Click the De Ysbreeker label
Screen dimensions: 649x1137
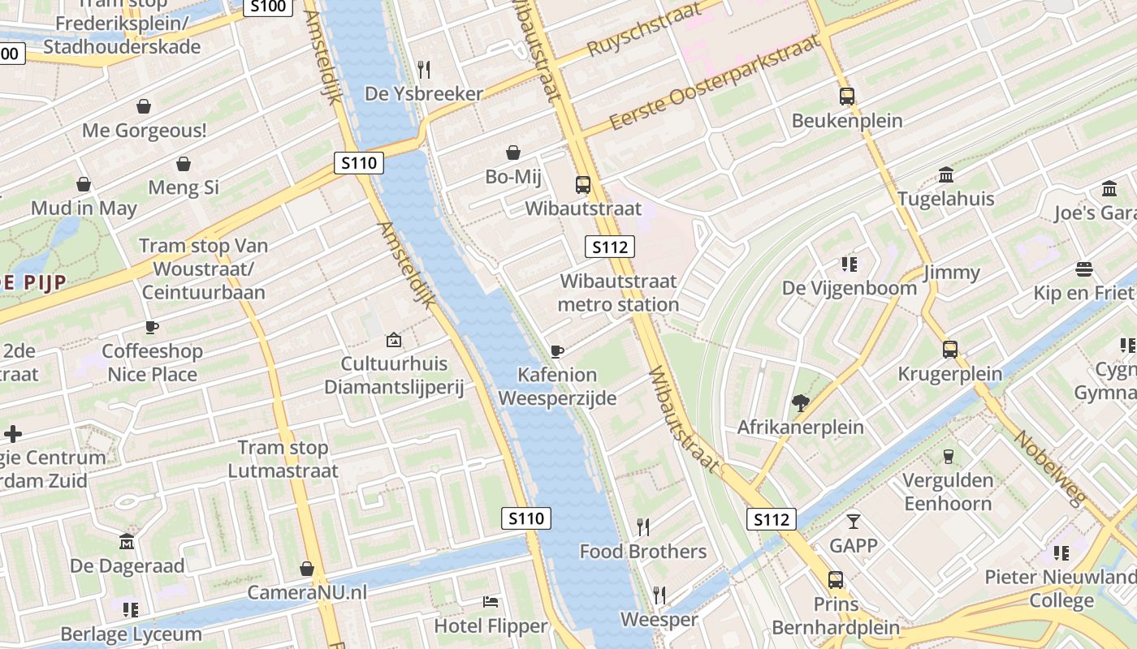point(424,93)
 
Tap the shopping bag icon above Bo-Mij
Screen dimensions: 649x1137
point(513,153)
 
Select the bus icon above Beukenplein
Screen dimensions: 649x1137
point(847,97)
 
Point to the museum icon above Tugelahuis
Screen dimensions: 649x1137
point(946,174)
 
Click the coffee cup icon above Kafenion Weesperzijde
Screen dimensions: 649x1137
point(557,351)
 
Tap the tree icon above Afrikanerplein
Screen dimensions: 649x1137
point(801,402)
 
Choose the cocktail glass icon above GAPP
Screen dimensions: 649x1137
point(853,521)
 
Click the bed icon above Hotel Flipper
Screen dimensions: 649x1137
point(491,602)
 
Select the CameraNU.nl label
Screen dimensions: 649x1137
point(307,592)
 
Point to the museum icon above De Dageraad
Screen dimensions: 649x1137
point(127,541)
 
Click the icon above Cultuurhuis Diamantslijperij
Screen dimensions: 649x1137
point(394,340)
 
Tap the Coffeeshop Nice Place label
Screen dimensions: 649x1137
point(153,363)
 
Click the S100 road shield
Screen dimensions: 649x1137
point(268,7)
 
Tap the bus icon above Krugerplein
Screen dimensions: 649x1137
point(950,350)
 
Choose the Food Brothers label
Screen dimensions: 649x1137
point(642,552)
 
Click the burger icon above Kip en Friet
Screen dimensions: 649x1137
point(1083,269)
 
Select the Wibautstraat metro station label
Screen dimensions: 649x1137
point(619,293)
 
